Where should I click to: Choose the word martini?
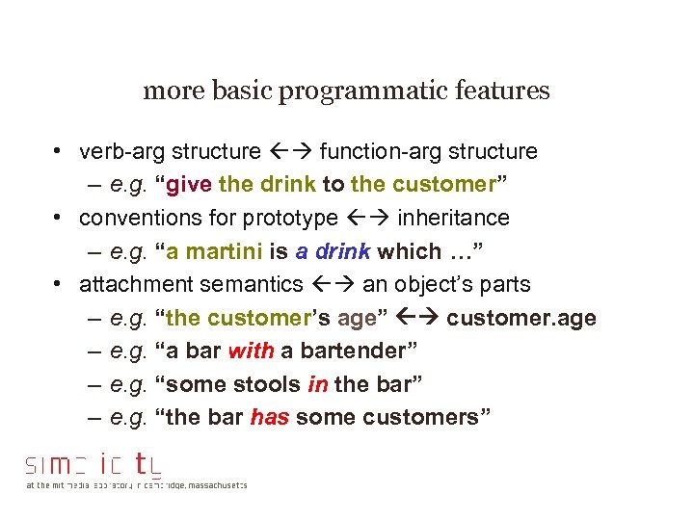tap(222, 251)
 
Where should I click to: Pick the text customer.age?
tap(521, 318)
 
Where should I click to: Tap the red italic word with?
tap(251, 351)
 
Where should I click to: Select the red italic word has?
tap(269, 418)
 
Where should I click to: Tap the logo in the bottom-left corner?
tap(96, 465)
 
